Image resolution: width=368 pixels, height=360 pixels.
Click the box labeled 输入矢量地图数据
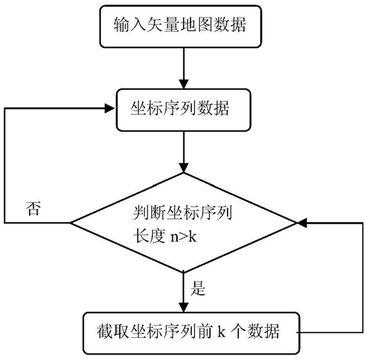coord(180,27)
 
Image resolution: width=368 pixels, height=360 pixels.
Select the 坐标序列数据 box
coord(183,110)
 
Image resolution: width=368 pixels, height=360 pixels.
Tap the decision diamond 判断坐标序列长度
coord(183,223)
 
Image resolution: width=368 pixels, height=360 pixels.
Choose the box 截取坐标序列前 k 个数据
coord(191,333)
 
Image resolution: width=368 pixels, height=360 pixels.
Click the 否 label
coord(34,209)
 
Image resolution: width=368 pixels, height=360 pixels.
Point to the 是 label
coord(198,288)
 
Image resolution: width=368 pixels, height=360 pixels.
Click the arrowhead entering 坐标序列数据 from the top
coord(183,84)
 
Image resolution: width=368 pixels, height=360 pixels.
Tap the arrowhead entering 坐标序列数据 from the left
coord(110,108)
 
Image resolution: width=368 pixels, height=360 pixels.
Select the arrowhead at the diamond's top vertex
coord(183,168)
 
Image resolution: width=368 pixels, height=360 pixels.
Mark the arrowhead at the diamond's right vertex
coord(302,223)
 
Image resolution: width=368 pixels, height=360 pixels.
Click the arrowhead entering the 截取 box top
coord(183,307)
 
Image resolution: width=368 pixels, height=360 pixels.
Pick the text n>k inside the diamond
coord(183,237)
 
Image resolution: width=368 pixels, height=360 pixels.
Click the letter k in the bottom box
coord(221,331)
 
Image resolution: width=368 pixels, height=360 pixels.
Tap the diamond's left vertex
coord(70,223)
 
